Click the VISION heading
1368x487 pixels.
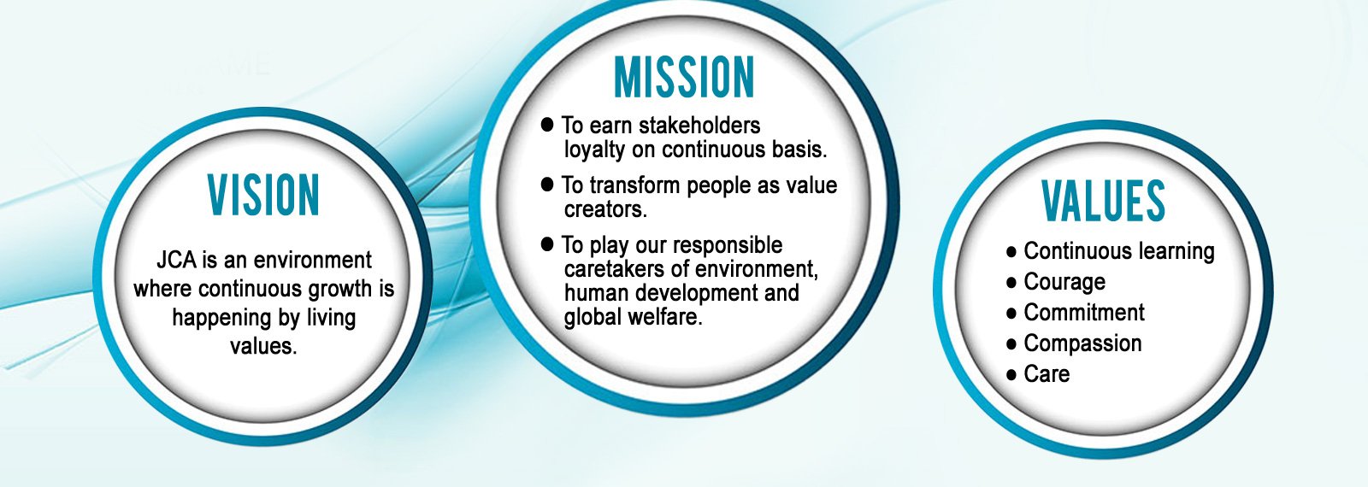click(263, 195)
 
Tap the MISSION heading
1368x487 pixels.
click(684, 78)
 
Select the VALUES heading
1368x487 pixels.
click(1103, 202)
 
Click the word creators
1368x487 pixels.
click(604, 209)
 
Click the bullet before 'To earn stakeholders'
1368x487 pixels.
click(548, 125)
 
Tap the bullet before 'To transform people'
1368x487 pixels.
click(548, 185)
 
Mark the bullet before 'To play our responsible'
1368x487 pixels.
click(548, 244)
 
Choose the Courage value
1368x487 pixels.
click(1064, 282)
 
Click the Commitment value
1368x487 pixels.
click(1084, 313)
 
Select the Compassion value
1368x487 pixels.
click(1082, 343)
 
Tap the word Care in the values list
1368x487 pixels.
click(1047, 374)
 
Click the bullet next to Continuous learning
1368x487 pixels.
click(1011, 252)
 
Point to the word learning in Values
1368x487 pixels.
click(1173, 251)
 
